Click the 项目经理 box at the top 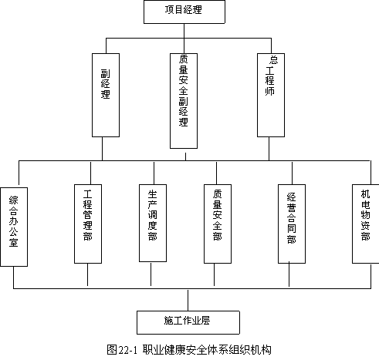[184, 12]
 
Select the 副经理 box [106, 95]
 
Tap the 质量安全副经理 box [184, 101]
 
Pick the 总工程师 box [271, 95]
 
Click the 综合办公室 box [14, 227]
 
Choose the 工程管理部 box [88, 224]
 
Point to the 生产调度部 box [153, 223]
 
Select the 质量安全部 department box [218, 224]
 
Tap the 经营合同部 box [292, 224]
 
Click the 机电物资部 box [366, 224]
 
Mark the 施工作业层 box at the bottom [188, 322]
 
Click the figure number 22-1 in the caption [128, 350]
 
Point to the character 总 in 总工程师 [273, 60]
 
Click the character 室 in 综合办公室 [14, 242]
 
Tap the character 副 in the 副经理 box [106, 73]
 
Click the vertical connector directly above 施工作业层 [188, 301]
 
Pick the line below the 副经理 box [103, 149]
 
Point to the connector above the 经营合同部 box [292, 173]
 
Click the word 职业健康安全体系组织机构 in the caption [207, 350]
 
